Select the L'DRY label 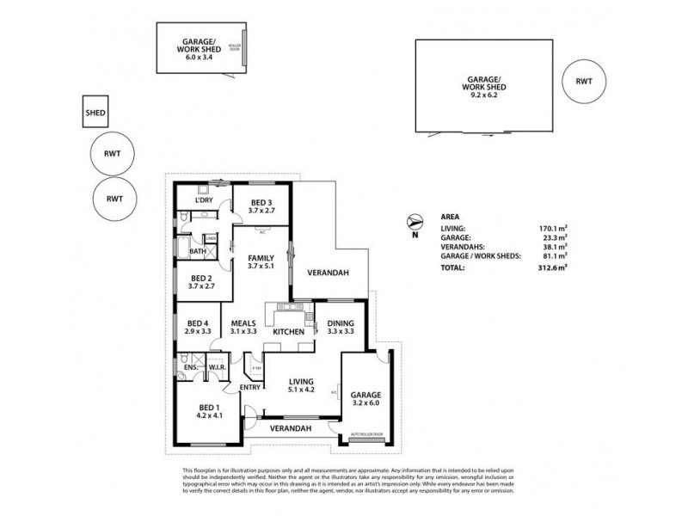pos(204,200)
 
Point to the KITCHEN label pos(288,332)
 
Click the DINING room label pos(341,322)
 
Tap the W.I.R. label pos(217,368)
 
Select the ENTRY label pos(250,387)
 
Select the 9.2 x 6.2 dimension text pos(482,96)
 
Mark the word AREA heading pos(448,218)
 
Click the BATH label pos(197,252)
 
